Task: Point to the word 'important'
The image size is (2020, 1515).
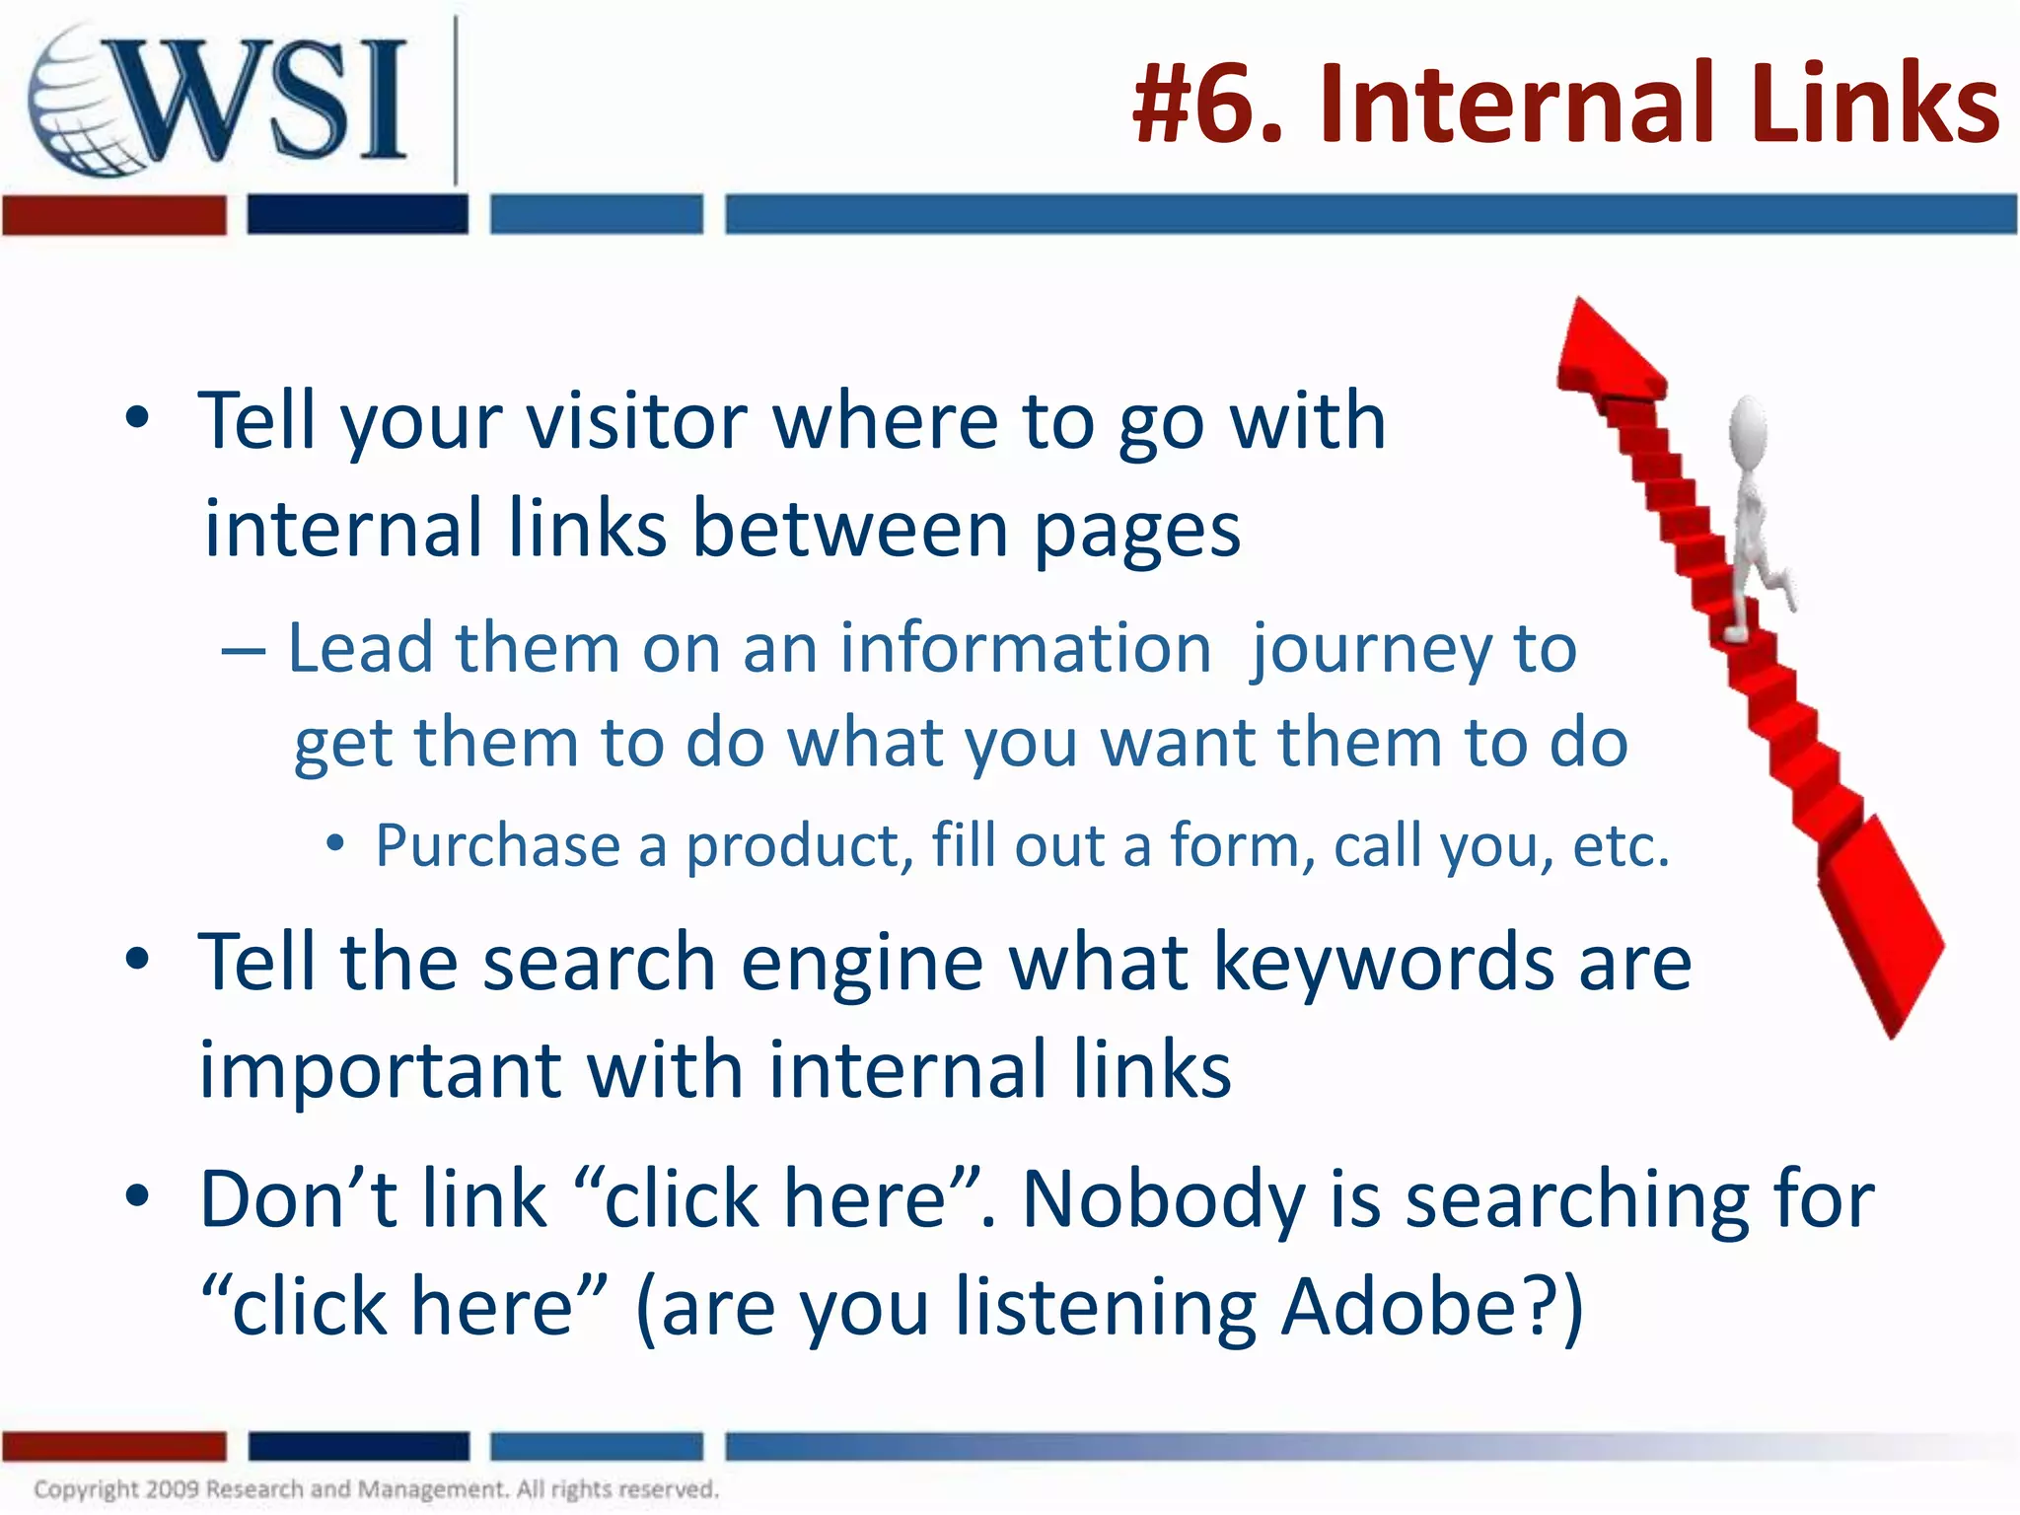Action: pos(381,1071)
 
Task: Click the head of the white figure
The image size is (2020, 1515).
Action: pos(1748,424)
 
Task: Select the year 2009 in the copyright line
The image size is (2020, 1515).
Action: pos(173,1488)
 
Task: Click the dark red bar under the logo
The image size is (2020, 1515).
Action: pos(114,215)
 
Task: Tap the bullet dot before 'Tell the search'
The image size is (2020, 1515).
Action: pos(137,959)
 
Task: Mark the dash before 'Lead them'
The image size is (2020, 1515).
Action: pos(243,652)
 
